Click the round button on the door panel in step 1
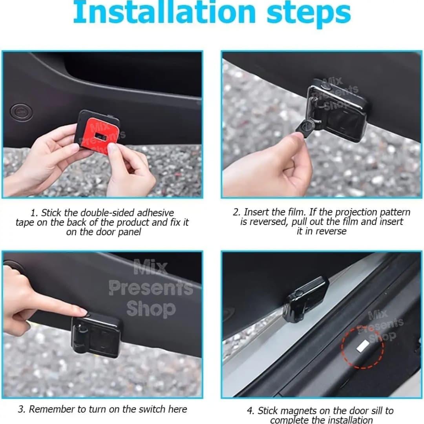[x=21, y=111]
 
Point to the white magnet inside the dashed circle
[x=362, y=346]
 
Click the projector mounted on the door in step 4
[x=305, y=299]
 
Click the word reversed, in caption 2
[x=268, y=222]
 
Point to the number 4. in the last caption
[x=250, y=411]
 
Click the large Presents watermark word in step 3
[x=151, y=288]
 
